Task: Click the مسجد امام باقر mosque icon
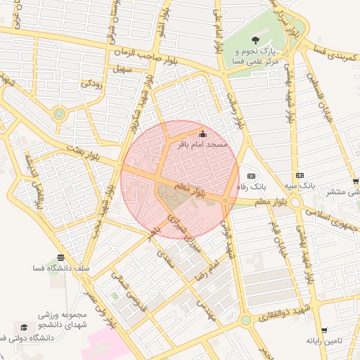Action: tap(203, 134)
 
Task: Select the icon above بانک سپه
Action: tap(300, 175)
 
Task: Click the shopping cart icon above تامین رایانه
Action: tap(324, 330)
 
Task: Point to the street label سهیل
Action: tap(123, 70)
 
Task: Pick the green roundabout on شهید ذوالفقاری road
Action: tap(245, 321)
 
